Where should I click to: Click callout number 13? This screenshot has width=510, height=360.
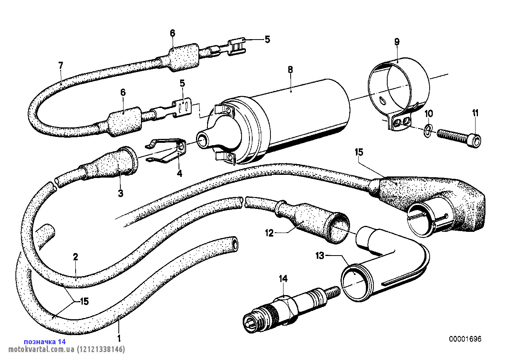click(320, 256)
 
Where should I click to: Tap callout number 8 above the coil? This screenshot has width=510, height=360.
click(290, 70)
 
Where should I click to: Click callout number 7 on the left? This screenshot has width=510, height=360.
click(61, 65)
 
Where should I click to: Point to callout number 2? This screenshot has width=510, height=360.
click(75, 256)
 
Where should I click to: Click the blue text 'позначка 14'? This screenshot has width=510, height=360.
click(45, 341)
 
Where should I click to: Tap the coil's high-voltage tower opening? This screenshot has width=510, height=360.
click(203, 139)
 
